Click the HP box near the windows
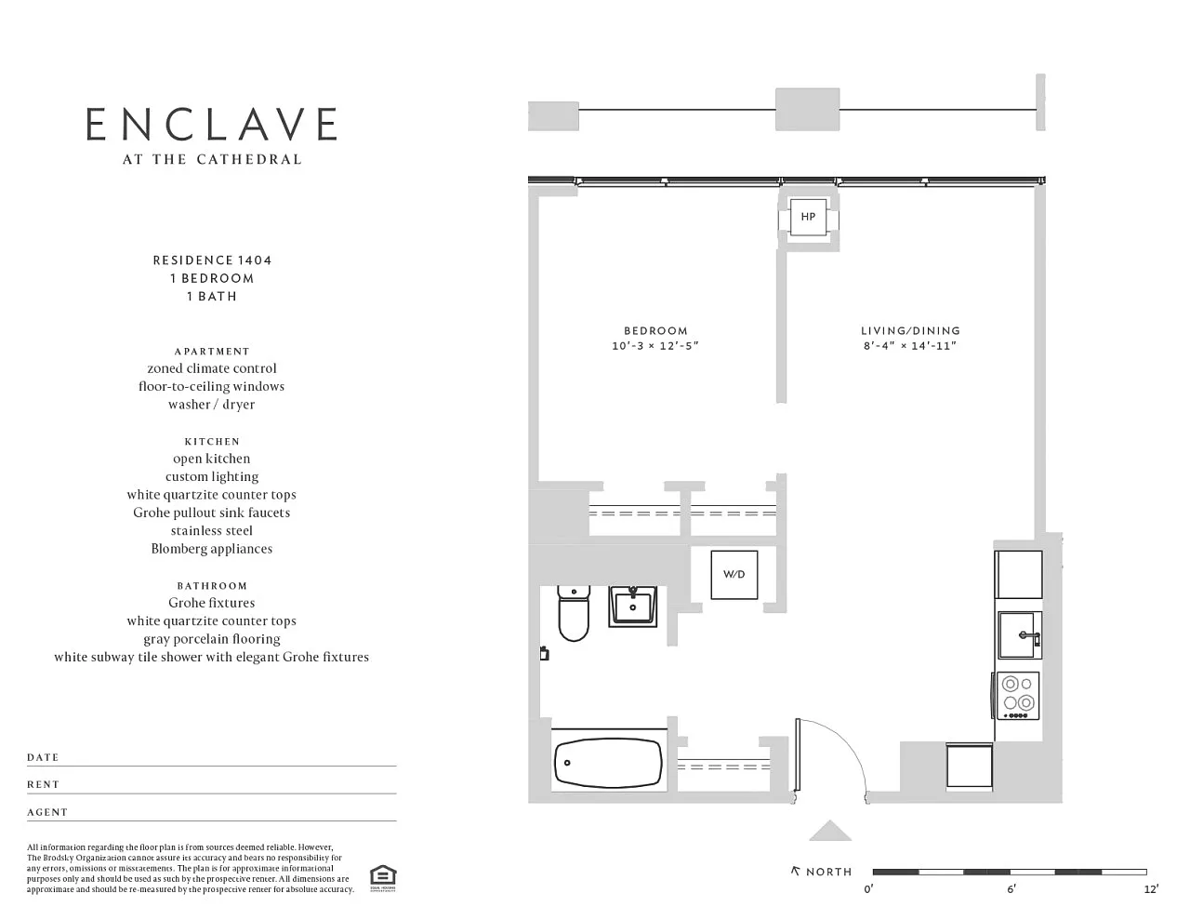[808, 217]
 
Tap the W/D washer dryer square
[734, 575]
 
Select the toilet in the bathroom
[574, 613]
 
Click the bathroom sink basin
[632, 607]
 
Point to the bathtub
[608, 762]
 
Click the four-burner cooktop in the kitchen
[1018, 695]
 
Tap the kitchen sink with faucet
[1020, 635]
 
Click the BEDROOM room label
[655, 331]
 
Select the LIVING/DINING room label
[910, 331]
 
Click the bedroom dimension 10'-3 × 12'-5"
[655, 346]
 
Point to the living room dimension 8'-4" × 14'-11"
[910, 346]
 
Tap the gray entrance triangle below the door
[830, 832]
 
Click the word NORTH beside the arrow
[829, 873]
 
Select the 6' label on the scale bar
[1011, 889]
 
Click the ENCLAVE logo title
[211, 124]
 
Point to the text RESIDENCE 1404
[212, 260]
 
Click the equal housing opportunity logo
[383, 878]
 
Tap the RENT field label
[44, 785]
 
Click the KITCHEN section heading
[212, 442]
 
